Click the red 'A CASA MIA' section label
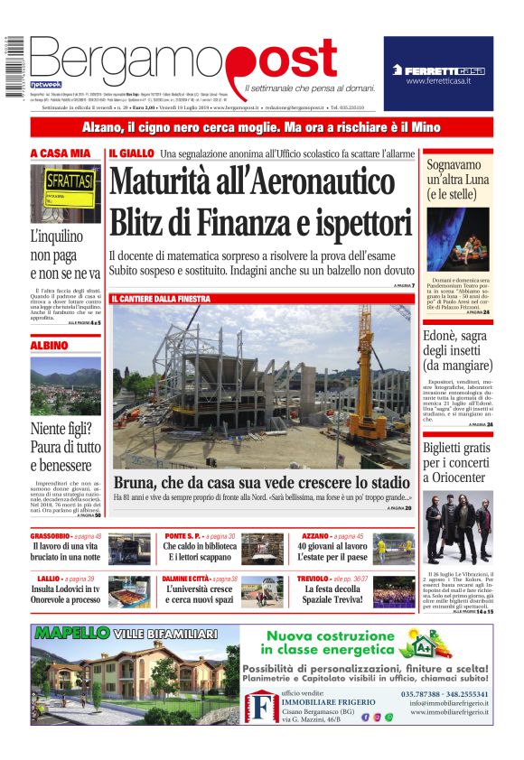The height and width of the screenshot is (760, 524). click(x=61, y=153)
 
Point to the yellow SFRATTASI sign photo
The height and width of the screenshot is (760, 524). click(x=66, y=193)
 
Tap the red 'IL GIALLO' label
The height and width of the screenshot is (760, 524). click(x=131, y=153)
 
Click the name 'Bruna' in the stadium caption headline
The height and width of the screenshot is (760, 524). click(x=136, y=481)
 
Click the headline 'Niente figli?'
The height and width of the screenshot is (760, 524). click(x=61, y=428)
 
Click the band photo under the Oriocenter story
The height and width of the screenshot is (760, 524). click(x=458, y=526)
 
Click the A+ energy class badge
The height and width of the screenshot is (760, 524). click(x=421, y=645)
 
